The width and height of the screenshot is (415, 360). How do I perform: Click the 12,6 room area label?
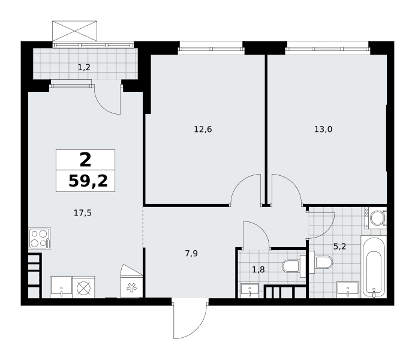(x=203, y=130)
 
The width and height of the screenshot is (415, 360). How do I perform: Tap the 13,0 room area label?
(x=323, y=130)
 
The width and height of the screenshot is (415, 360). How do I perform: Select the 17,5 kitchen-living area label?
(x=83, y=213)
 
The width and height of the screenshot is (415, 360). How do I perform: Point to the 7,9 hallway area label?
(x=191, y=254)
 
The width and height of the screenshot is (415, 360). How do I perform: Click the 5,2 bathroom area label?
(x=340, y=247)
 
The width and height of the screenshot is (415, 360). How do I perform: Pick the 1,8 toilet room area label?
(x=258, y=270)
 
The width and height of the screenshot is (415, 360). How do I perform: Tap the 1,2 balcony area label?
(x=84, y=67)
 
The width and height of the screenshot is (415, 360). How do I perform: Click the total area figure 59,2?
(x=88, y=181)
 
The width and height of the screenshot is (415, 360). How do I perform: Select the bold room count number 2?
(x=86, y=160)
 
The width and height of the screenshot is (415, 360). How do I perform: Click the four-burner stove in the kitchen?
(x=40, y=239)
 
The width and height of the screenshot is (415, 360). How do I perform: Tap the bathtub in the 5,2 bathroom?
(x=374, y=268)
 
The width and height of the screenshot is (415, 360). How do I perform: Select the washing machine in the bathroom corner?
(x=376, y=218)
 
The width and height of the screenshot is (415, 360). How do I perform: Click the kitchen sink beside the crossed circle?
(x=61, y=287)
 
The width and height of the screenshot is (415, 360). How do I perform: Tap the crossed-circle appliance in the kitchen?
(x=83, y=287)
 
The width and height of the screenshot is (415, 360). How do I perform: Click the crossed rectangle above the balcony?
(x=74, y=31)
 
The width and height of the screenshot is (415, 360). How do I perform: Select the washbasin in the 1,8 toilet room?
(x=249, y=290)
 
